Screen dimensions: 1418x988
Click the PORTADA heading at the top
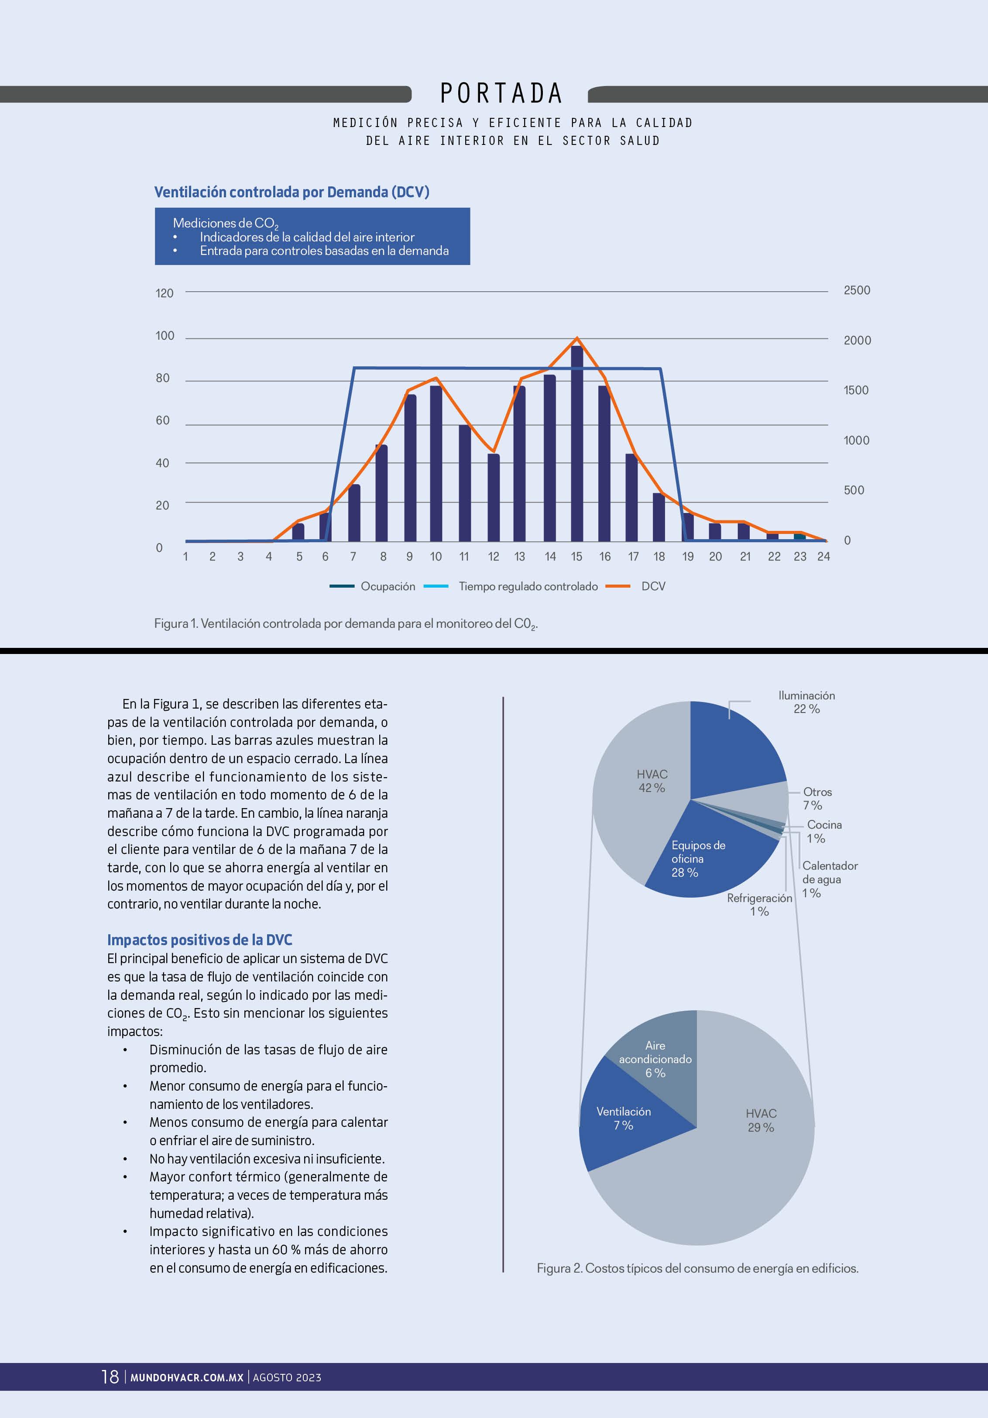pyautogui.click(x=501, y=94)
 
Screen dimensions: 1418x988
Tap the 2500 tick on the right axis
pyautogui.click(x=857, y=290)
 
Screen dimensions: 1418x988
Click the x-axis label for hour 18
pyautogui.click(x=659, y=557)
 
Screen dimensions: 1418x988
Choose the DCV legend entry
pyautogui.click(x=653, y=586)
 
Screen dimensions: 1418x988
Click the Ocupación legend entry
pyautogui.click(x=387, y=586)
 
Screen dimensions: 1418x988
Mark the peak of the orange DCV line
pyautogui.click(x=577, y=338)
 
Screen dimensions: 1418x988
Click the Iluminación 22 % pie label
pyautogui.click(x=806, y=702)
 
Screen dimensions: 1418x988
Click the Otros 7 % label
pyautogui.click(x=816, y=798)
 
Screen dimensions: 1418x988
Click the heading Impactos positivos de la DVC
pyautogui.click(x=199, y=940)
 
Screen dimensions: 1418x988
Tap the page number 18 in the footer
pyautogui.click(x=110, y=1377)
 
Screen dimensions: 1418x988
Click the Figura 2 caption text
pyautogui.click(x=697, y=1268)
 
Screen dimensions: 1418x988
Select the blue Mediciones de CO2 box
pyautogui.click(x=312, y=237)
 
